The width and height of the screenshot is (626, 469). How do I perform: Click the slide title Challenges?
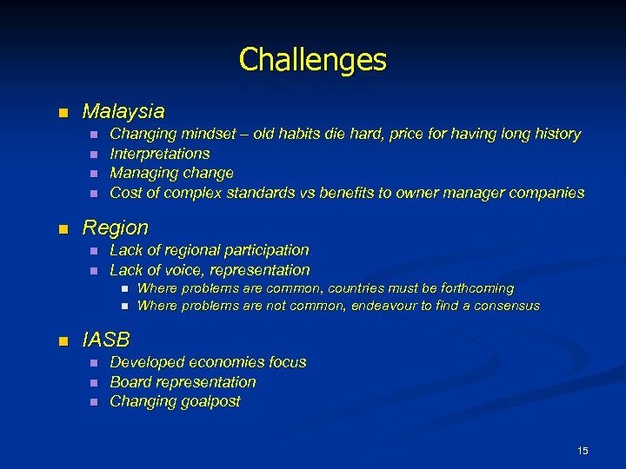click(312, 60)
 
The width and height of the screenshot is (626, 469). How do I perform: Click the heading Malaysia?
click(123, 112)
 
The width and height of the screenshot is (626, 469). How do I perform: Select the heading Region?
click(115, 228)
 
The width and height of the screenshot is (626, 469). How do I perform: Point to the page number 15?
click(583, 450)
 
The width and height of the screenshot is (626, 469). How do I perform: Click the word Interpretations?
click(160, 154)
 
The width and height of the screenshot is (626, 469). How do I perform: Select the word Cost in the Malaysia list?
click(125, 193)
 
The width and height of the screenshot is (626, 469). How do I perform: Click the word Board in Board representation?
click(129, 382)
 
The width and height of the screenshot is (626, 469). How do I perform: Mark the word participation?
click(266, 251)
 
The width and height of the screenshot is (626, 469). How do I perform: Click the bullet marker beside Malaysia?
click(61, 113)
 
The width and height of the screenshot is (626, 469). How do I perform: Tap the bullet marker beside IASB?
click(61, 340)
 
